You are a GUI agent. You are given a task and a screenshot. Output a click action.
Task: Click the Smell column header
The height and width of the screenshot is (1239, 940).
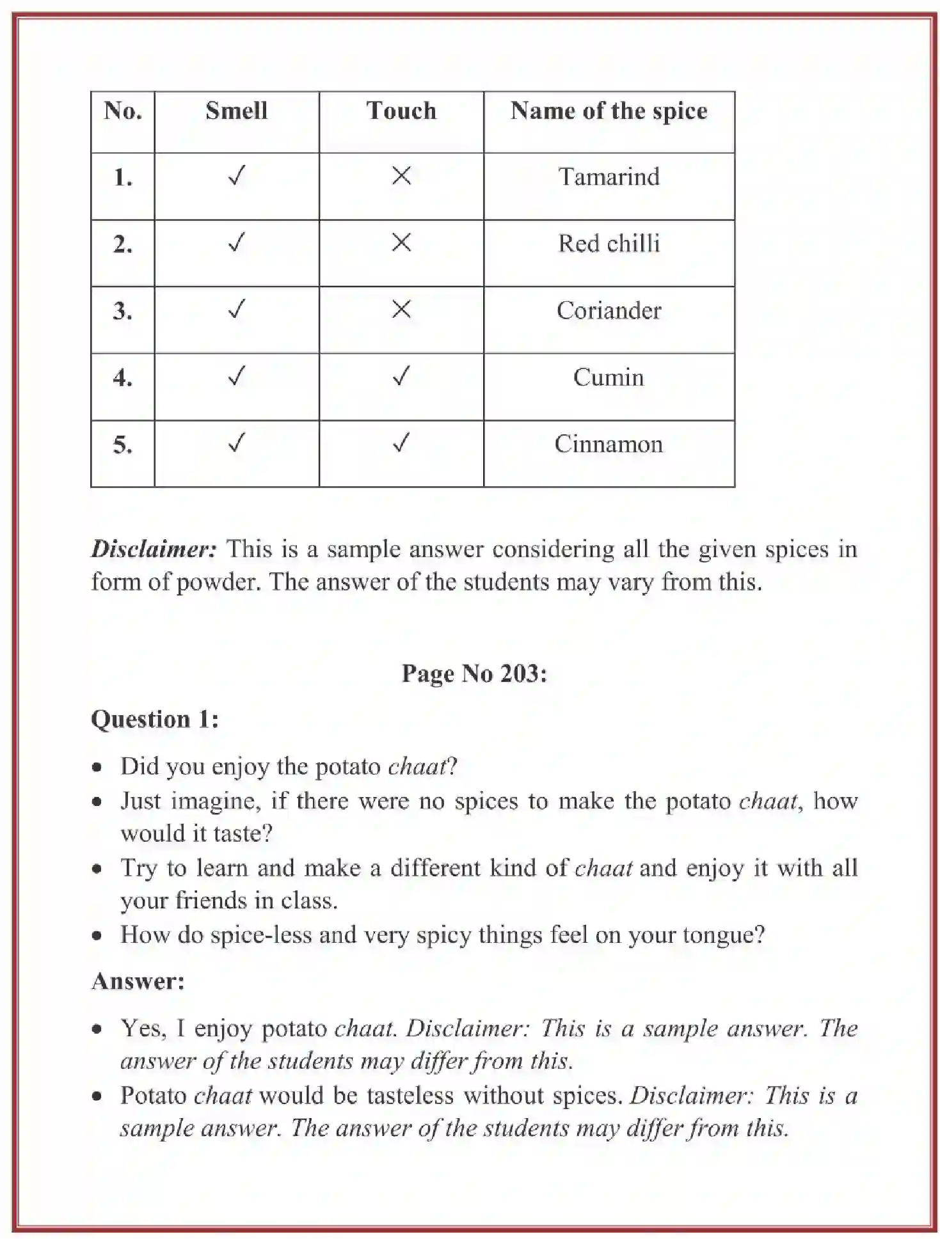pyautogui.click(x=236, y=111)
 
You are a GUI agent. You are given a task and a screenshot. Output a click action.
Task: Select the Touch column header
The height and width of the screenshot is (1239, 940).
pyautogui.click(x=401, y=111)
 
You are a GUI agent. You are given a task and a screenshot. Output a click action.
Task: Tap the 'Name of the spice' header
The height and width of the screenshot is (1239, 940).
pyautogui.click(x=609, y=111)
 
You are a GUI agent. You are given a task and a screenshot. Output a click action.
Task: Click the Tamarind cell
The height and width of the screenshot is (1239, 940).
pyautogui.click(x=609, y=177)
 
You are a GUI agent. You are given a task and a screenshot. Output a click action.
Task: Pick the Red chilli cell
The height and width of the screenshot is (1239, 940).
pyautogui.click(x=609, y=244)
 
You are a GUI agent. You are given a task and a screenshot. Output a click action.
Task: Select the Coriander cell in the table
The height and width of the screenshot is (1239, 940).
pyautogui.click(x=609, y=310)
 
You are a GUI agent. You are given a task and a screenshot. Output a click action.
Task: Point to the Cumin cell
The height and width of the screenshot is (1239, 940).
pyautogui.click(x=608, y=377)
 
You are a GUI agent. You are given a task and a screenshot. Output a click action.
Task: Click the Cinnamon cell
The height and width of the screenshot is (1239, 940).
pyautogui.click(x=609, y=444)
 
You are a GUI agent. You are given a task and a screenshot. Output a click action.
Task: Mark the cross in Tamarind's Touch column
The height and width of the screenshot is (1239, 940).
pyautogui.click(x=401, y=175)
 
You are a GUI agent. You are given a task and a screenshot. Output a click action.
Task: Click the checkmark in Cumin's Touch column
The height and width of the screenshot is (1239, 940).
pyautogui.click(x=401, y=376)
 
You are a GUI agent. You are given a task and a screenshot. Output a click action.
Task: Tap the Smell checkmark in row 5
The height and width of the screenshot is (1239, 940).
pyautogui.click(x=236, y=443)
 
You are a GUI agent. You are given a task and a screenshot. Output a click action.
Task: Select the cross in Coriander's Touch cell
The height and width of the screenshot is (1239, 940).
pyautogui.click(x=401, y=310)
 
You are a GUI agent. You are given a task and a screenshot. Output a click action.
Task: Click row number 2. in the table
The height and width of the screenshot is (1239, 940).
pyautogui.click(x=123, y=244)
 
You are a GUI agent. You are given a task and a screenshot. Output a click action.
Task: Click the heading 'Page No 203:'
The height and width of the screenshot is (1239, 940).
pyautogui.click(x=474, y=674)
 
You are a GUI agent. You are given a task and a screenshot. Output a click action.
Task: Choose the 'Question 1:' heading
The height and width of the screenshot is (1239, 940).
pyautogui.click(x=155, y=719)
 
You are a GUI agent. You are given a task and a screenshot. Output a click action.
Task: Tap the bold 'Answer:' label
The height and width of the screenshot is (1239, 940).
pyautogui.click(x=138, y=981)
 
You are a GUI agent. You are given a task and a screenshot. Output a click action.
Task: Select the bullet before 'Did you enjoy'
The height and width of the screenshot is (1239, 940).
pyautogui.click(x=97, y=767)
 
